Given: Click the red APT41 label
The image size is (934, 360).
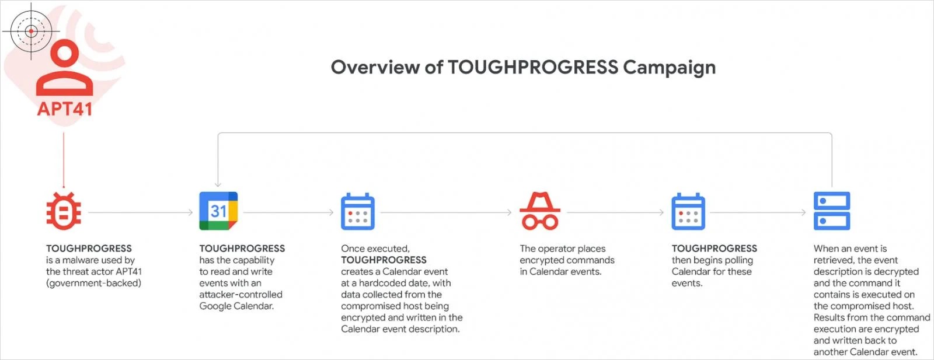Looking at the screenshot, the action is (65, 109).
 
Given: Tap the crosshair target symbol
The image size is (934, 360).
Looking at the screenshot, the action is (31, 31).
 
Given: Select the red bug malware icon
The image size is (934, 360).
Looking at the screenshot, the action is (64, 211).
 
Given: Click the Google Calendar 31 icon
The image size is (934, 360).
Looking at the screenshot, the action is (218, 211).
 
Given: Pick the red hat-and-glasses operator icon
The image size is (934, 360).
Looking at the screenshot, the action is (540, 211).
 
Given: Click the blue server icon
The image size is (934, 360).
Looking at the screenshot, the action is (832, 211).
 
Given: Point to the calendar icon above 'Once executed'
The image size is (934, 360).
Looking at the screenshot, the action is (358, 211).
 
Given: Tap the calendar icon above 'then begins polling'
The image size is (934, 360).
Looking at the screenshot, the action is (688, 211).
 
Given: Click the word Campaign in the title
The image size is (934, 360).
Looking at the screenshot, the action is (669, 68).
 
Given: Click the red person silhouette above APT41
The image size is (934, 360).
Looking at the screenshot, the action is (65, 69).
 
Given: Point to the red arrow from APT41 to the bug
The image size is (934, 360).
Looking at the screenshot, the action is (64, 161).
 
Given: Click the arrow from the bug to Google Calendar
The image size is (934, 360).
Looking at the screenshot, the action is (141, 212).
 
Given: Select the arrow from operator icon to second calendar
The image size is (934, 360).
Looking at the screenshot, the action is (615, 212).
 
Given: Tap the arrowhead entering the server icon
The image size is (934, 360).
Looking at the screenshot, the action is (804, 212).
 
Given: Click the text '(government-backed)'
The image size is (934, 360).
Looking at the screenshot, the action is (94, 284).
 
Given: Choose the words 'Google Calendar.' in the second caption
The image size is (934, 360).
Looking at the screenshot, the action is (236, 306).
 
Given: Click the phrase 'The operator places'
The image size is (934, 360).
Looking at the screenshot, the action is (563, 249).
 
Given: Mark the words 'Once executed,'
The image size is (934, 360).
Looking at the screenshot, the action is (375, 249).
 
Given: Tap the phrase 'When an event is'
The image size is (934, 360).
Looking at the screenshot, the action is (850, 249).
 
